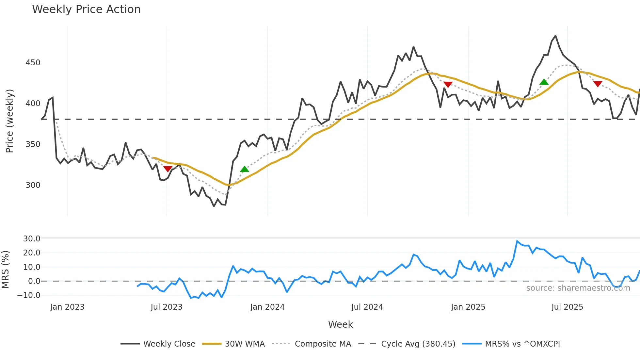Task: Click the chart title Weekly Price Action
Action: pyautogui.click(x=86, y=9)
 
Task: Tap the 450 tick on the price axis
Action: pyautogui.click(x=33, y=63)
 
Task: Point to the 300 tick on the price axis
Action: pyautogui.click(x=33, y=185)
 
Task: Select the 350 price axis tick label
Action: pyautogui.click(x=33, y=144)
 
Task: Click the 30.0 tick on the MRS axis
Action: pyautogui.click(x=32, y=239)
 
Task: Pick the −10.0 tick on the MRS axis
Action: pyautogui.click(x=29, y=295)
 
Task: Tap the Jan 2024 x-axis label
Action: pyautogui.click(x=267, y=307)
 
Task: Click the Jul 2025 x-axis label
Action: pyautogui.click(x=567, y=307)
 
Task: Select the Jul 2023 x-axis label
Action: pyautogui.click(x=167, y=307)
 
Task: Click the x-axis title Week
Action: pyautogui.click(x=340, y=324)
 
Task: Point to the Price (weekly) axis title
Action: pyautogui.click(x=10, y=121)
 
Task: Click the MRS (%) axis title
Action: pyautogui.click(x=6, y=270)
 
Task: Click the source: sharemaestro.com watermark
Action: pyautogui.click(x=578, y=288)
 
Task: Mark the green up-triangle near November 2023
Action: pyautogui.click(x=245, y=169)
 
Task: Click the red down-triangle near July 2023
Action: pyautogui.click(x=168, y=169)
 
